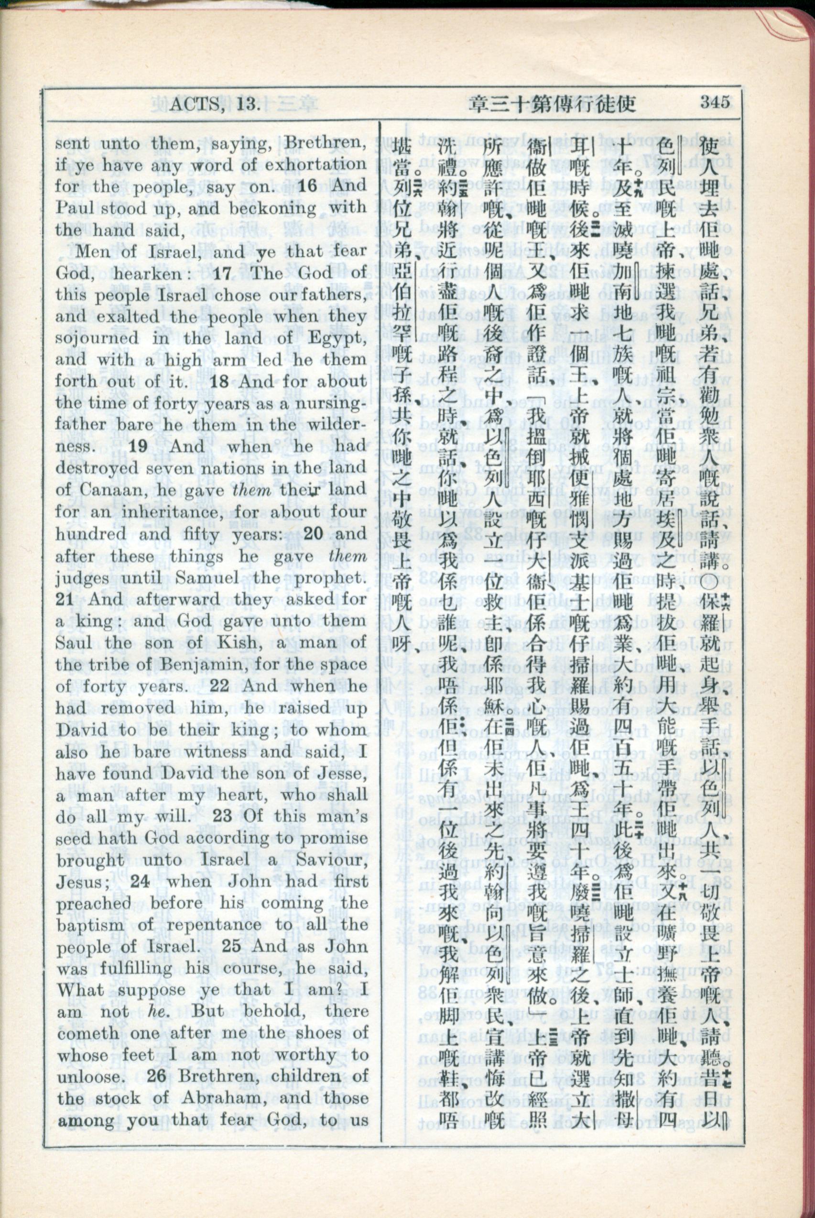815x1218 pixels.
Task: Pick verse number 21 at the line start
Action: (x=67, y=599)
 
